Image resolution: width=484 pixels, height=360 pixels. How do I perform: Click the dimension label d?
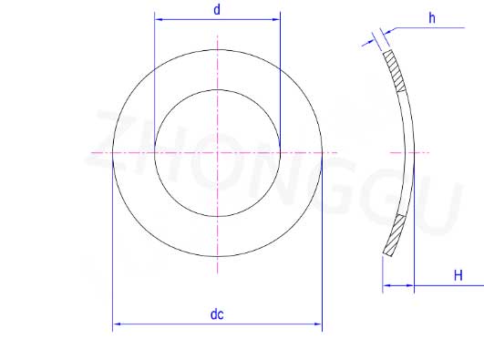pyautogui.click(x=217, y=10)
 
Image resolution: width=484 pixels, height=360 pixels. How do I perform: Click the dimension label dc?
pyautogui.click(x=217, y=314)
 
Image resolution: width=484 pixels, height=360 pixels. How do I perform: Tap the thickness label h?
pyautogui.click(x=432, y=18)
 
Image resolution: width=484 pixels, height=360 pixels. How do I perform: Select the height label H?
pyautogui.click(x=458, y=275)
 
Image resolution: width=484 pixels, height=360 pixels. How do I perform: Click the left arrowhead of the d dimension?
pyautogui.click(x=159, y=19)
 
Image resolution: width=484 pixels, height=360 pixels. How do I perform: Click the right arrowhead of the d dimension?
pyautogui.click(x=276, y=19)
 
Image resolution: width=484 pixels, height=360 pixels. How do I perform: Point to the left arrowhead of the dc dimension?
pyautogui.click(x=117, y=324)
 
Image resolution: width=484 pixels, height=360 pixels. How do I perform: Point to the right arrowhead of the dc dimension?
pyautogui.click(x=318, y=324)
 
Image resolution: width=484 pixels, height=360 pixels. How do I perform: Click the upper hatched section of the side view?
pyautogui.click(x=395, y=71)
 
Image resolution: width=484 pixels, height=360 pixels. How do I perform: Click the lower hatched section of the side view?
pyautogui.click(x=394, y=235)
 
